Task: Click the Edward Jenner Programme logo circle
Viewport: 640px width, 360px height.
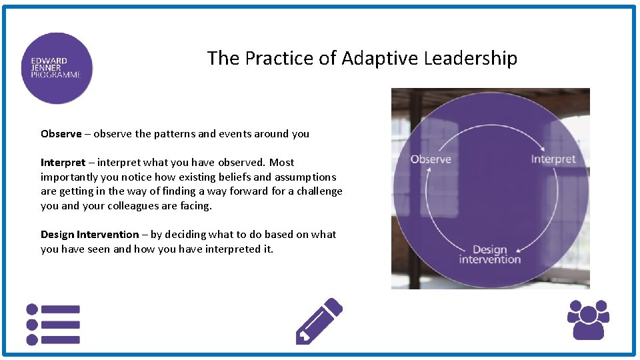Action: pos(57,68)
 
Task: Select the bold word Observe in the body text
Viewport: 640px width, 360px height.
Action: pos(61,133)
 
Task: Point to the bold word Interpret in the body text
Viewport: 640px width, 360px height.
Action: pos(63,163)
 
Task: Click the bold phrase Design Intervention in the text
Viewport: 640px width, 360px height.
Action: pos(90,235)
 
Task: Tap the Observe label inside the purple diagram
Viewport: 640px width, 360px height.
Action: pos(431,159)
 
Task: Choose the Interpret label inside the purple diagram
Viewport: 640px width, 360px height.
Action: pos(553,159)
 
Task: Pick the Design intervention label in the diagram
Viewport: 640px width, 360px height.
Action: pos(490,255)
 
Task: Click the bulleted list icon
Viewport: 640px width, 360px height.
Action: pos(53,325)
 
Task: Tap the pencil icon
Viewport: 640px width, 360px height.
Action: pos(319,321)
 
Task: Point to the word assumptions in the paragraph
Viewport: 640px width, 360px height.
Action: pos(305,177)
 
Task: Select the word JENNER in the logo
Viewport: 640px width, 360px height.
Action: pos(45,68)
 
